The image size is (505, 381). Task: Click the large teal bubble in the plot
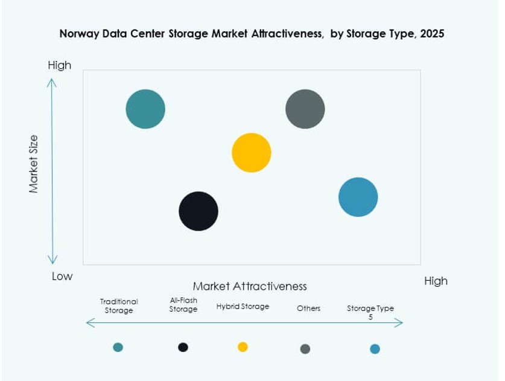tap(145, 109)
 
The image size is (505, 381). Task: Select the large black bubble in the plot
tap(199, 211)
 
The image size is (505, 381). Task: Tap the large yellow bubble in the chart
tap(252, 153)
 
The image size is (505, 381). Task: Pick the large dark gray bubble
tap(305, 109)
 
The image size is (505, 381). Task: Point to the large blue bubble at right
tap(358, 197)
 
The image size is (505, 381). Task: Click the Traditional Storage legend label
tap(119, 306)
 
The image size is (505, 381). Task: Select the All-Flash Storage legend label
tap(183, 305)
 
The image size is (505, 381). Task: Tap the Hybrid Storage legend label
tap(243, 307)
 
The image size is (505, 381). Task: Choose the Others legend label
tap(308, 309)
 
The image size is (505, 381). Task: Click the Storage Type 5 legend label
tap(370, 312)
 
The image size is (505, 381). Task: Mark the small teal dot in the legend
tap(118, 347)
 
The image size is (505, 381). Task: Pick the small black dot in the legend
tap(183, 347)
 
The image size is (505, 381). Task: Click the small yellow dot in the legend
tap(243, 347)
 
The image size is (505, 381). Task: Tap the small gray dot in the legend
tap(305, 349)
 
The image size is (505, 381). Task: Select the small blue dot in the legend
tap(375, 349)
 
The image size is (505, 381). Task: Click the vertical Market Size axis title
tap(34, 164)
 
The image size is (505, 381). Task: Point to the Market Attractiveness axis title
tap(250, 286)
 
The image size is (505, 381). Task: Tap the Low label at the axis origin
tap(62, 277)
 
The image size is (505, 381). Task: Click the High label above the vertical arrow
tap(59, 65)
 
